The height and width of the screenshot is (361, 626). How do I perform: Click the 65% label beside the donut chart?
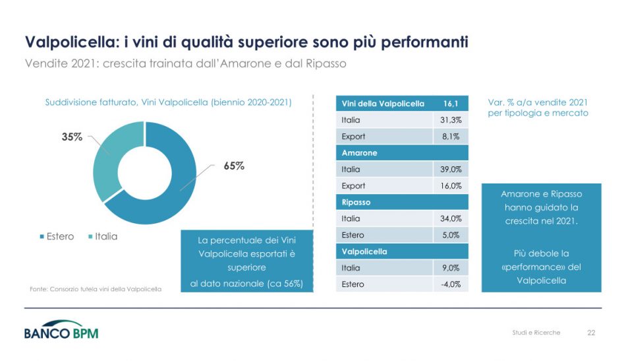tap(234, 166)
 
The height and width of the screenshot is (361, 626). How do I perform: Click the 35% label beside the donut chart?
tap(72, 137)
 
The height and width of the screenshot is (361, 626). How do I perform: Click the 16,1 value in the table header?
tap(451, 104)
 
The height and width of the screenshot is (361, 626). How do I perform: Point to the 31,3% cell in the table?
tap(451, 120)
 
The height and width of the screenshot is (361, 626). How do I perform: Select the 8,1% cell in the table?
tap(451, 137)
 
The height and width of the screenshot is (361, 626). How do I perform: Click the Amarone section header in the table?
tap(360, 153)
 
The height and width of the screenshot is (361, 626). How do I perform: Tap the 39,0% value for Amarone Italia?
tap(451, 170)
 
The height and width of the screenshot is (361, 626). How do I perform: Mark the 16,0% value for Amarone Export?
tap(451, 186)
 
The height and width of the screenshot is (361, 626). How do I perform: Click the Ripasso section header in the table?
tap(356, 203)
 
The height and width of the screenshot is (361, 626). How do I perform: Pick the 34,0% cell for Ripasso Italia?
tap(451, 218)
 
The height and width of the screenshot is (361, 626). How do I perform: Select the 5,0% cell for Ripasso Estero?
tap(451, 235)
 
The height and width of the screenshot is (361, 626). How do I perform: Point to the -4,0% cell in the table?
tap(451, 284)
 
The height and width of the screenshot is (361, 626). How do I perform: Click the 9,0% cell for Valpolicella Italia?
tap(451, 268)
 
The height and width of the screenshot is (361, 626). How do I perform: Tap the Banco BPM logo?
tap(61, 331)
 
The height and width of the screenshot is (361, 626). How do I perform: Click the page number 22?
tap(591, 333)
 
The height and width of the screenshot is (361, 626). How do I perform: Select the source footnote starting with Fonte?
tap(96, 289)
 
